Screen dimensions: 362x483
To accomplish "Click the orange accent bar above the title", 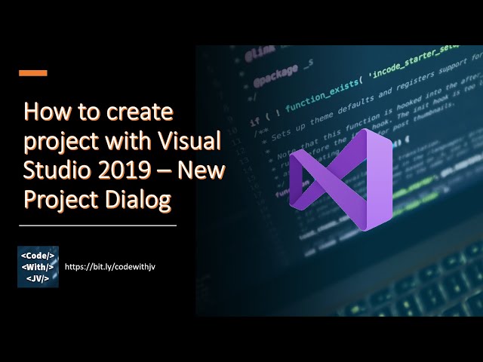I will (32, 73).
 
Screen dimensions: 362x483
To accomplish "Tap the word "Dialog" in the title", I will (138, 199).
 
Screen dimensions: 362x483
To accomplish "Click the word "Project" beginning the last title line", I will (56, 199).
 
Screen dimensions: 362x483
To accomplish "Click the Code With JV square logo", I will (38, 266).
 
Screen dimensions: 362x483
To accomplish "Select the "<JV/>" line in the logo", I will (38, 279).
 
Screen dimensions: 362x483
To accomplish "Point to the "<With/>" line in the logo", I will (38, 266).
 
